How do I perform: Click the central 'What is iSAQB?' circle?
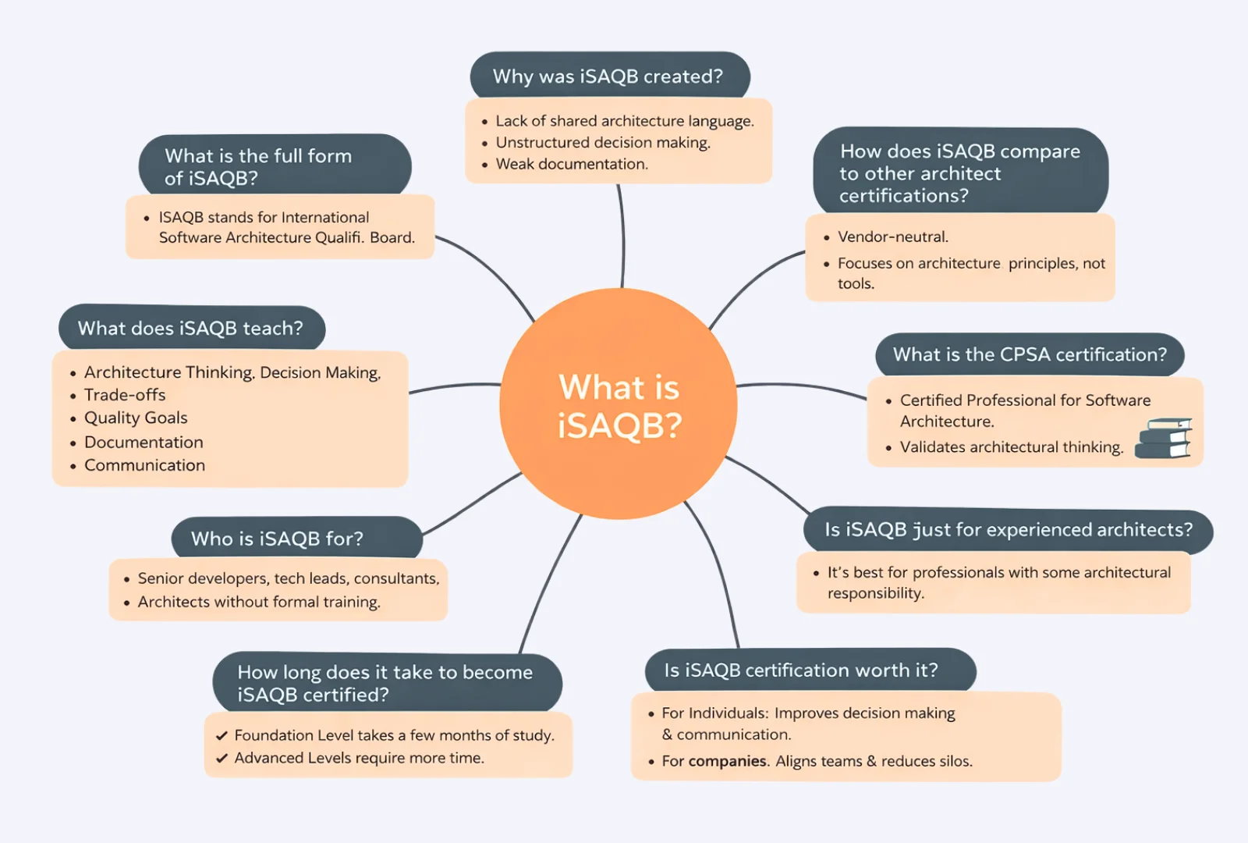[x=619, y=404]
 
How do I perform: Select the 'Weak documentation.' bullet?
[x=572, y=164]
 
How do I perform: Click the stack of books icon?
[x=1163, y=438]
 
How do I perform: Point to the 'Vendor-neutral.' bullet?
[x=892, y=237]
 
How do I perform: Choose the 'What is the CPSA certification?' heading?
[x=1030, y=354]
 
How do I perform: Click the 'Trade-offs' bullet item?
[x=125, y=395]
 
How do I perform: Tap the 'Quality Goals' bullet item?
[x=136, y=418]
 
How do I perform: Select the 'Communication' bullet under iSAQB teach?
[x=144, y=465]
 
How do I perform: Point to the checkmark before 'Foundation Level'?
[x=222, y=735]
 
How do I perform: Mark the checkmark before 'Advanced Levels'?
[x=222, y=758]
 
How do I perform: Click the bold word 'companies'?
[x=727, y=761]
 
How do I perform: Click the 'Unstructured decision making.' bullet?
[x=603, y=143]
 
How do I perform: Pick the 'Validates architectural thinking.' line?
[x=1011, y=447]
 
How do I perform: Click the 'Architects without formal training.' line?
[x=259, y=602]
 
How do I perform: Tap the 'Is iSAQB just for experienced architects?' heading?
[x=1009, y=530]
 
